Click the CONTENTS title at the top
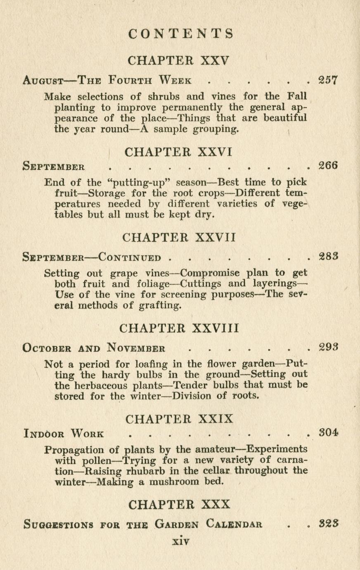pyautogui.click(x=181, y=33)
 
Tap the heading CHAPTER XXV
pyautogui.click(x=178, y=61)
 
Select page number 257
pyautogui.click(x=329, y=80)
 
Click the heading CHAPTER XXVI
pyautogui.click(x=178, y=152)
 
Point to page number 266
pyautogui.click(x=329, y=166)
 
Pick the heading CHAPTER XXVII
pyautogui.click(x=180, y=237)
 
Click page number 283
pyautogui.click(x=329, y=257)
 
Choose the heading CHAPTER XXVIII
pyautogui.click(x=179, y=329)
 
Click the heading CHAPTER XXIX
pyautogui.click(x=179, y=419)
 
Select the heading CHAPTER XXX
pyautogui.click(x=179, y=505)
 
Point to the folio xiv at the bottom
pyautogui.click(x=180, y=541)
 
